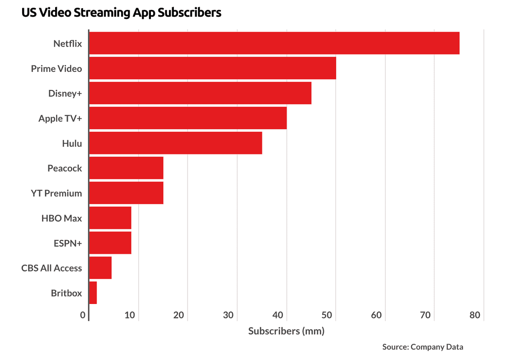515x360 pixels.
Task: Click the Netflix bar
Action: click(x=274, y=43)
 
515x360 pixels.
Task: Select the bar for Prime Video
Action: click(x=212, y=68)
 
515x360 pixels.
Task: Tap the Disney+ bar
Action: click(x=200, y=93)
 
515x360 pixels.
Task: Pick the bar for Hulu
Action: click(x=175, y=143)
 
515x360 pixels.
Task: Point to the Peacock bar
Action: click(x=126, y=168)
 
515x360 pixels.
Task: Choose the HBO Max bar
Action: click(x=110, y=218)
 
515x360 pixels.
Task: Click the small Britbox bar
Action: click(x=93, y=293)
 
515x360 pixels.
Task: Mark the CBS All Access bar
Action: click(x=100, y=268)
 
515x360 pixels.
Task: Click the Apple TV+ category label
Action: click(x=60, y=118)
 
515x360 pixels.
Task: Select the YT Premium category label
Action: click(x=56, y=193)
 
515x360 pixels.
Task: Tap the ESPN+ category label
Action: click(x=68, y=243)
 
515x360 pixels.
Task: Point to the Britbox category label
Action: click(x=66, y=293)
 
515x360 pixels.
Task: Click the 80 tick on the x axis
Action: click(x=475, y=315)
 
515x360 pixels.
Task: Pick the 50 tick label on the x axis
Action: click(x=327, y=315)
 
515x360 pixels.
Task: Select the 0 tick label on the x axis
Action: click(x=83, y=315)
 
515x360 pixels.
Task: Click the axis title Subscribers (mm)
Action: click(x=286, y=331)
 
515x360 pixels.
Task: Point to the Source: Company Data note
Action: click(x=422, y=347)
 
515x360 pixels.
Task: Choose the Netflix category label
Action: click(x=68, y=43)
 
